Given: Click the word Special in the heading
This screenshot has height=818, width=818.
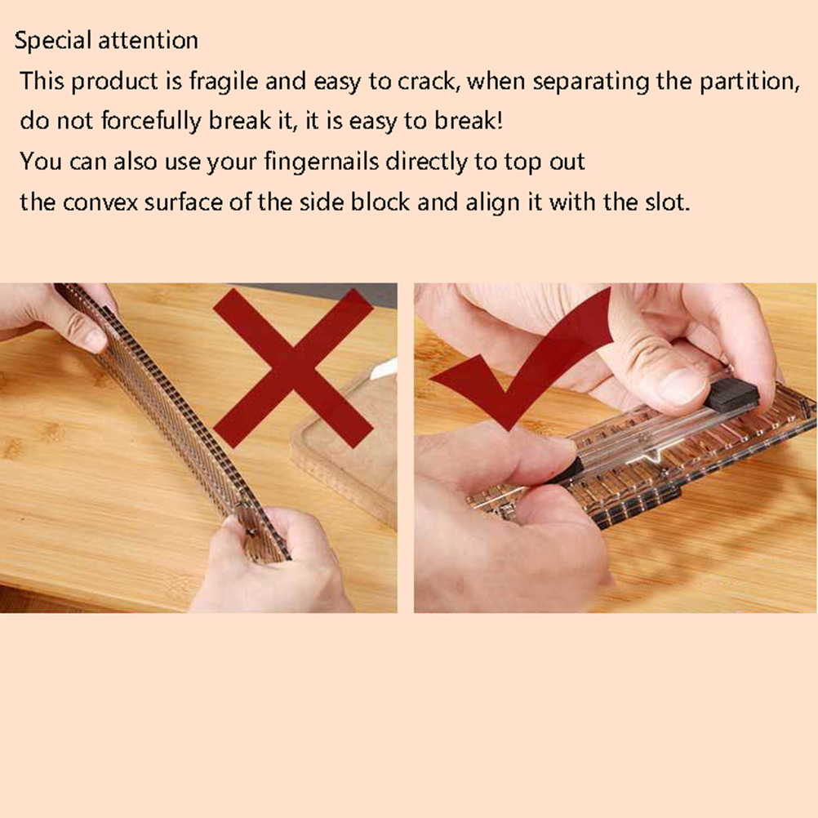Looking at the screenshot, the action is (52, 41).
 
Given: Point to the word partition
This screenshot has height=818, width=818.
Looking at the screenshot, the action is (749, 82).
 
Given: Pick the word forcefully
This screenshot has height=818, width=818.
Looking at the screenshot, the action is (151, 122).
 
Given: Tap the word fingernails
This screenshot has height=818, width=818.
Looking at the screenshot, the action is (322, 162).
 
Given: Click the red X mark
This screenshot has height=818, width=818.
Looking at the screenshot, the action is (293, 368).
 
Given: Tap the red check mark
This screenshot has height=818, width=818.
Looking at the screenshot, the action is (522, 360).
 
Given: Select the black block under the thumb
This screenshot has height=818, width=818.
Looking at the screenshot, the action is (731, 395).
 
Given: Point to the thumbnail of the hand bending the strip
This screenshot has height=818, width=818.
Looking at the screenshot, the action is (96, 340).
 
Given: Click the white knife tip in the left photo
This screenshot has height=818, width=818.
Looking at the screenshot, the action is (384, 369).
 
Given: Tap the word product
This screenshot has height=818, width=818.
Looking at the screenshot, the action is (114, 82).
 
